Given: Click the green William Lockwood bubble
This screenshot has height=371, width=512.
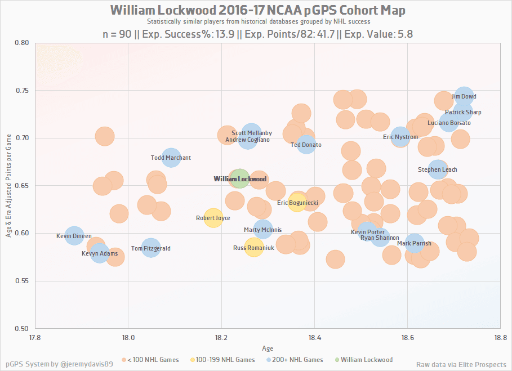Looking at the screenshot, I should point(240,179).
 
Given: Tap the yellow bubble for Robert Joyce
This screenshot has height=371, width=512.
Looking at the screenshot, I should point(213,218).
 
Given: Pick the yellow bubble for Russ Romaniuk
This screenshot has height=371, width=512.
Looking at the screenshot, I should point(254,247).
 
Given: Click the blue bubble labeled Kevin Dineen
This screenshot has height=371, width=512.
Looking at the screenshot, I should point(74,236).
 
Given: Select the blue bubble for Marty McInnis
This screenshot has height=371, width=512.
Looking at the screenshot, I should point(263,230).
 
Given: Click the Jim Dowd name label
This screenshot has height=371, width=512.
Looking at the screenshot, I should point(464,97).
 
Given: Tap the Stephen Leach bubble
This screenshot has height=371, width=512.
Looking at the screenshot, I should point(438,169).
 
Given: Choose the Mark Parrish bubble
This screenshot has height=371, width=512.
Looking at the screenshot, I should point(414,243).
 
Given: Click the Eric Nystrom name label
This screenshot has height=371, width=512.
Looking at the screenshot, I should point(400,137).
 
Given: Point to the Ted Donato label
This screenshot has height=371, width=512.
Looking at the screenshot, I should point(306,145).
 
